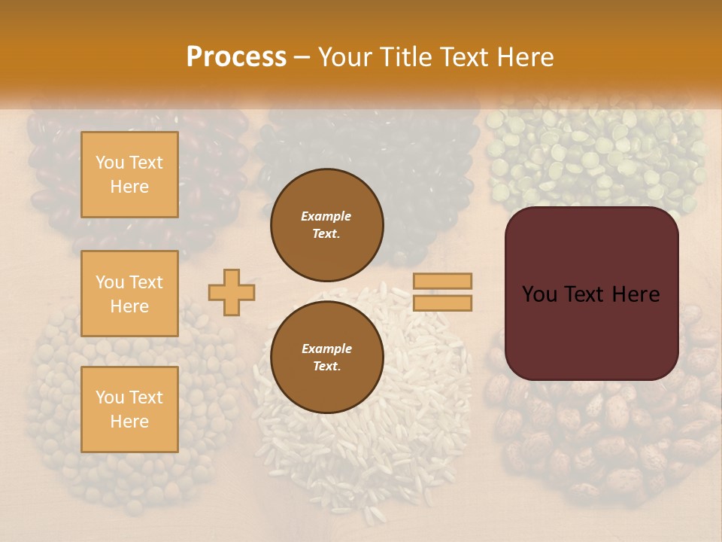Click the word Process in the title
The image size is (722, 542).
coord(236,57)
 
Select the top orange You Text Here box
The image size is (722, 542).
coord(129,175)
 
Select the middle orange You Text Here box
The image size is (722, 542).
coord(129,294)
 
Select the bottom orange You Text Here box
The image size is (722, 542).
coord(129,410)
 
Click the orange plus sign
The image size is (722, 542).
coord(231,292)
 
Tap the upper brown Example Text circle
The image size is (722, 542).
coord(327,224)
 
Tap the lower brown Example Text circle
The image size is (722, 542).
coord(327,357)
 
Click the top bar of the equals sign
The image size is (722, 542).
coord(442,282)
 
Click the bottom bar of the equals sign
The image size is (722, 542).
coord(442,303)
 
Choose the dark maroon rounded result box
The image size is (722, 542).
coord(591,294)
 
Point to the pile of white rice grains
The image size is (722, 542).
coord(361,452)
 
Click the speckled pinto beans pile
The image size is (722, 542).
coord(602,437)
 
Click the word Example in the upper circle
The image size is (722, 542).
coord(326,216)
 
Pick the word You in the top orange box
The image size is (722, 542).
coord(109,163)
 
